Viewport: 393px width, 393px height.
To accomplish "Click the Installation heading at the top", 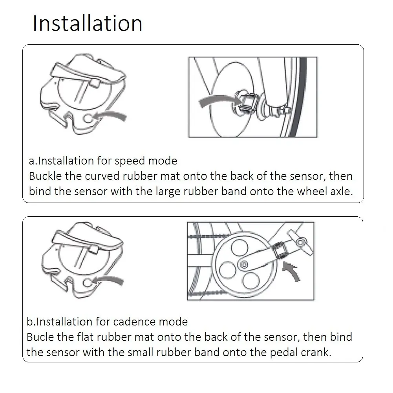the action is [x=88, y=23].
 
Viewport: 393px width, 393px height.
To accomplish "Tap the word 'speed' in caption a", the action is [x=130, y=161].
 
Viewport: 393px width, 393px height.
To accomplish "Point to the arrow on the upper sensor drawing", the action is [x=110, y=116].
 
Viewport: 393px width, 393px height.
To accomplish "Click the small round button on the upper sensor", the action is [x=88, y=118].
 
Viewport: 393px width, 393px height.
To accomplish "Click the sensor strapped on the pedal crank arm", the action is [x=280, y=250].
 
